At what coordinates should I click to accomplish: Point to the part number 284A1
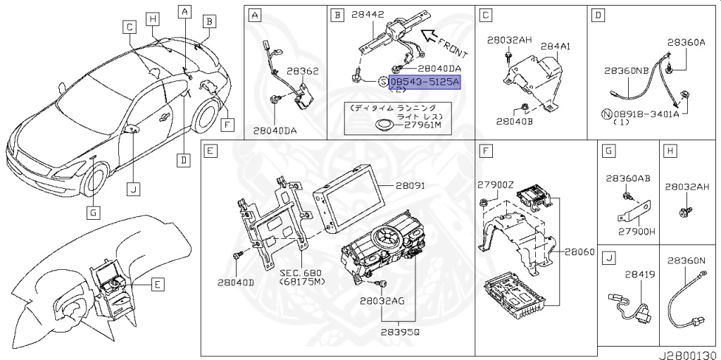(555, 46)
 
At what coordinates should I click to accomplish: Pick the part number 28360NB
(626, 71)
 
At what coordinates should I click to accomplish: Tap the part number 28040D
(235, 282)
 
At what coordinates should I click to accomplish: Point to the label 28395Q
(401, 330)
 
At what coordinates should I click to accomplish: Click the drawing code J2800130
(688, 353)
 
